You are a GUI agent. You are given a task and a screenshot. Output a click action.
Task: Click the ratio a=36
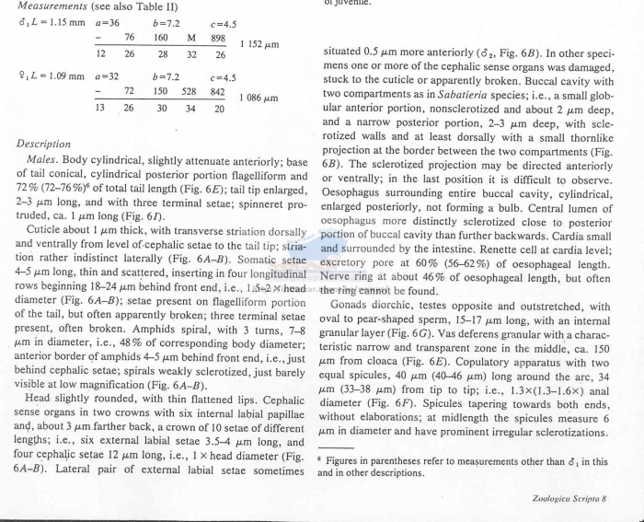click(x=108, y=21)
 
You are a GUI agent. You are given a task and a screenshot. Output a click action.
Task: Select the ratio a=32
click(x=108, y=76)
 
